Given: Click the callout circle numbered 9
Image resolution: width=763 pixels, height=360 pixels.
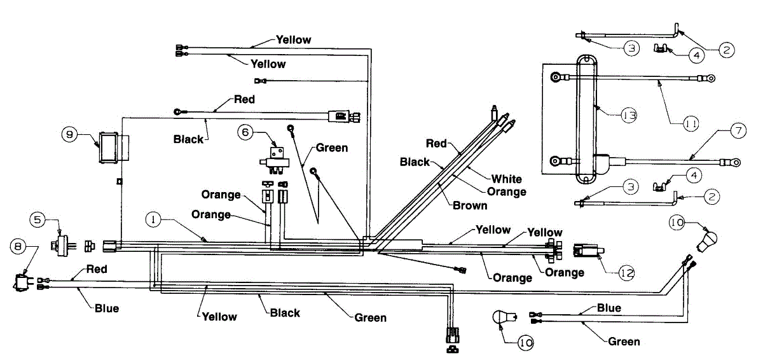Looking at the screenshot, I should pyautogui.click(x=69, y=134).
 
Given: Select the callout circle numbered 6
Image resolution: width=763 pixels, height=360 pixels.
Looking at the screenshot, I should pyautogui.click(x=247, y=132).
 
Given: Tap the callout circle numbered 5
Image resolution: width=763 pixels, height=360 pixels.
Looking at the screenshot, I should pyautogui.click(x=38, y=220).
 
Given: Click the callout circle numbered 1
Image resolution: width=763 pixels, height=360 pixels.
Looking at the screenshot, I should pyautogui.click(x=153, y=220).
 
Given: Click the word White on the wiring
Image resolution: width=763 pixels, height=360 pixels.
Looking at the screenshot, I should pyautogui.click(x=506, y=179).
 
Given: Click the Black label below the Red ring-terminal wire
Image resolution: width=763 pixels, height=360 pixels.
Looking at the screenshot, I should pyautogui.click(x=188, y=139).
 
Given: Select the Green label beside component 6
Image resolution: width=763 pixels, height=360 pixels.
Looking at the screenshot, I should pyautogui.click(x=331, y=148).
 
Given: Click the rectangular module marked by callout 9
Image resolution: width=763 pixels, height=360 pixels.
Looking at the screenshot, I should pyautogui.click(x=107, y=148).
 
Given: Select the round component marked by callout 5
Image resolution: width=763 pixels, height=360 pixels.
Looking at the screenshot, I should pyautogui.click(x=60, y=244).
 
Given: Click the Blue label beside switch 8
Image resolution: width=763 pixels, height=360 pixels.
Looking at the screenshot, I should pyautogui.click(x=106, y=309).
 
